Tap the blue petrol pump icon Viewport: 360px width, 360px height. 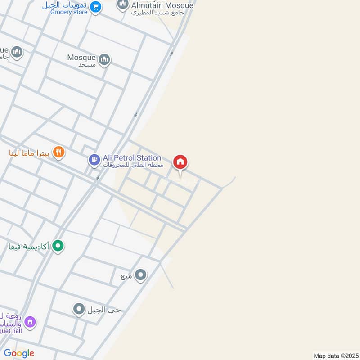[x=94, y=160]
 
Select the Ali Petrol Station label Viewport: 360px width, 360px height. [x=132, y=158]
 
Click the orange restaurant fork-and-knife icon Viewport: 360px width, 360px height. [x=58, y=153]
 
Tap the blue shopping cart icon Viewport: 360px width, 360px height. [x=95, y=7]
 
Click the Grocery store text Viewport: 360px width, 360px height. [x=69, y=12]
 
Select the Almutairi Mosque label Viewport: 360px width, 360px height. [x=162, y=6]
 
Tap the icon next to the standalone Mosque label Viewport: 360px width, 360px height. [x=104, y=60]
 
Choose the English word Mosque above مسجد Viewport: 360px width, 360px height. [x=81, y=58]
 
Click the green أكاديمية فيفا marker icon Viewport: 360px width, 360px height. [x=58, y=246]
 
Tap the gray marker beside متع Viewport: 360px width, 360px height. [x=141, y=275]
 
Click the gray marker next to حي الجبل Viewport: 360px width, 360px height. [x=79, y=309]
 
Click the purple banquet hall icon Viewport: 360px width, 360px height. [x=30, y=322]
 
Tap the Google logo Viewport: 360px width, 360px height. [x=18, y=353]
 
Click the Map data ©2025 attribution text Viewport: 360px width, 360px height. [x=335, y=356]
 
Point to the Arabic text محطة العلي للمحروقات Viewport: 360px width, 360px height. [x=131, y=166]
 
